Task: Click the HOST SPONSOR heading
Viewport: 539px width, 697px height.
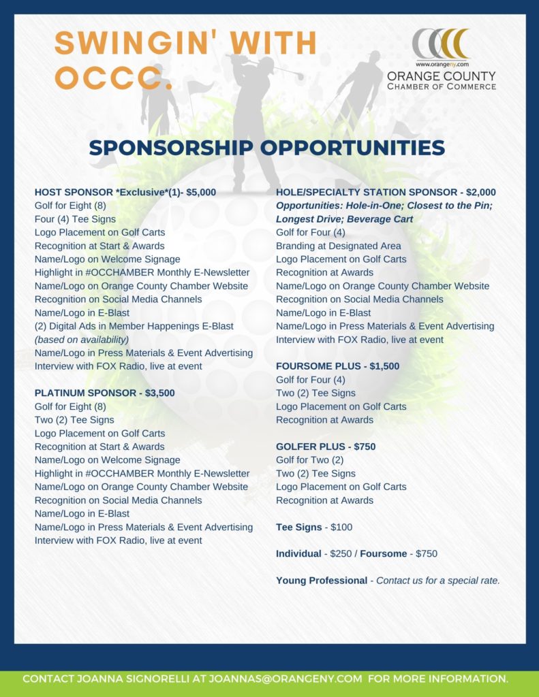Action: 125,193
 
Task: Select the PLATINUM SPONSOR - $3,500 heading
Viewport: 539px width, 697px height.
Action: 104,393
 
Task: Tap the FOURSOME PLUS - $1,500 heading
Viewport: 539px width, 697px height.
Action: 337,366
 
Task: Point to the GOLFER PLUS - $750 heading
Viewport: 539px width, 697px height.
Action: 326,447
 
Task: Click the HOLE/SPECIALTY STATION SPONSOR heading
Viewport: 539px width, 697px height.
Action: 386,193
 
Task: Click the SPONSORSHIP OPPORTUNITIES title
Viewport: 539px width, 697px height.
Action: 266,148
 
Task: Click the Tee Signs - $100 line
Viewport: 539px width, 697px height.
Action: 314,527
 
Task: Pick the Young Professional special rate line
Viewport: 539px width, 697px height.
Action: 388,581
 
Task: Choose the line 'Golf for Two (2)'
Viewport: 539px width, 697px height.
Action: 309,460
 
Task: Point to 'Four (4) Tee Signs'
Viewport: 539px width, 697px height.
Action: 75,219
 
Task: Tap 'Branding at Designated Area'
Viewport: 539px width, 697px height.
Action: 338,246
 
